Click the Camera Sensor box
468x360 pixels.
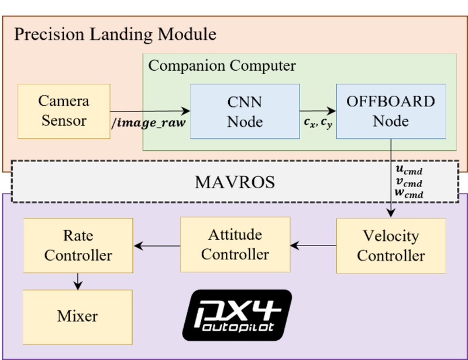pyautogui.click(x=64, y=111)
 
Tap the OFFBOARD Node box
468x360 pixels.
pyautogui.click(x=391, y=111)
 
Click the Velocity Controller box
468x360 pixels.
pyautogui.click(x=391, y=246)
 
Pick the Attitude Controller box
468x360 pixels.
pyautogui.click(x=235, y=245)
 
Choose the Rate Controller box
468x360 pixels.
pyautogui.click(x=78, y=246)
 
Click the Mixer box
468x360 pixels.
pyautogui.click(x=78, y=316)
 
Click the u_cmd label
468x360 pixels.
pyautogui.click(x=408, y=169)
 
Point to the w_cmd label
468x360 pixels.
pyautogui.click(x=408, y=193)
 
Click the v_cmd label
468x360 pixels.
pyautogui.click(x=408, y=182)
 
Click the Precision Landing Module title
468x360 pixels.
pyautogui.click(x=115, y=34)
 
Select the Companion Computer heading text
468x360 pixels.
pyautogui.click(x=222, y=65)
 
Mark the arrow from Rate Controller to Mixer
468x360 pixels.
pyautogui.click(x=78, y=282)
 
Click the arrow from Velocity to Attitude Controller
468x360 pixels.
pyautogui.click(x=313, y=245)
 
